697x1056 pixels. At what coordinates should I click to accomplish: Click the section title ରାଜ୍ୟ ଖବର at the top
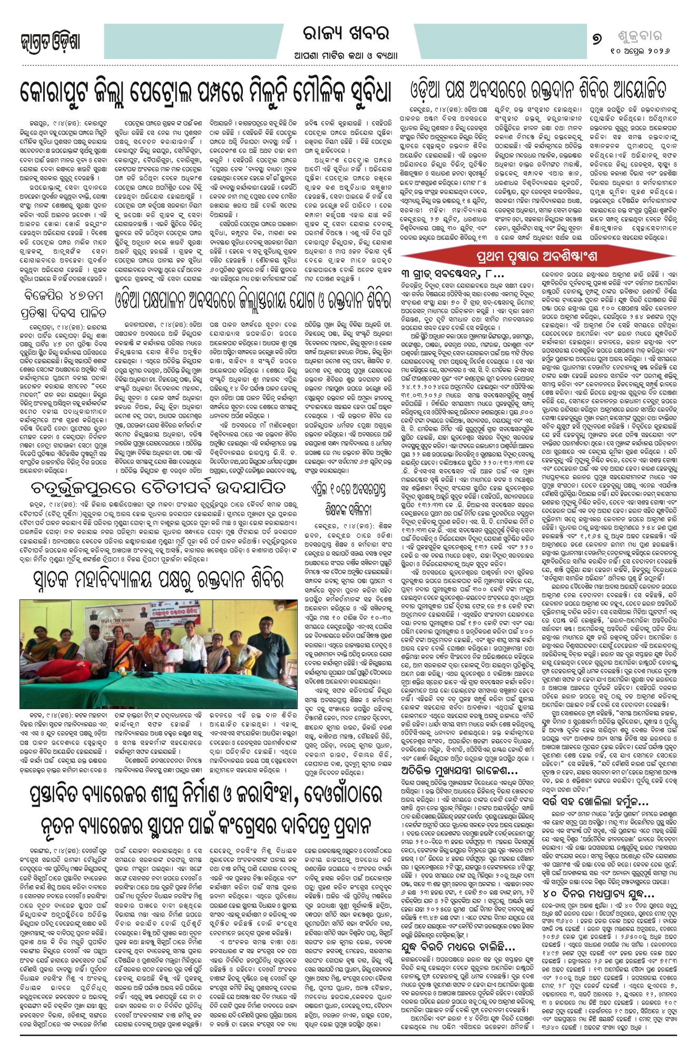pos(346,34)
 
